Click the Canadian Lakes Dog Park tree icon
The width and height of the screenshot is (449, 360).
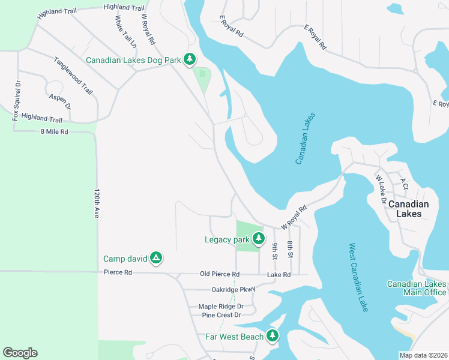(190, 59)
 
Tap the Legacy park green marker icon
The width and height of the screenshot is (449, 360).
(259, 239)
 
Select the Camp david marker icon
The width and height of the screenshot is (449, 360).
(155, 259)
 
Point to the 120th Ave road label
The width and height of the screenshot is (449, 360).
(96, 204)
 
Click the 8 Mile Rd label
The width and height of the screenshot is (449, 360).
(55, 131)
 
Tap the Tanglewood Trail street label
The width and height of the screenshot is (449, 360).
(73, 76)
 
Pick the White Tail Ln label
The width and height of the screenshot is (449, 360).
(125, 31)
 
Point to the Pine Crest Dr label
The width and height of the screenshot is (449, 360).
(221, 315)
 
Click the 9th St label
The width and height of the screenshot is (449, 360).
(274, 251)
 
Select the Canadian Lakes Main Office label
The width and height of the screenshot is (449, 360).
(417, 288)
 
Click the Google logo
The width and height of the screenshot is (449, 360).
(20, 353)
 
